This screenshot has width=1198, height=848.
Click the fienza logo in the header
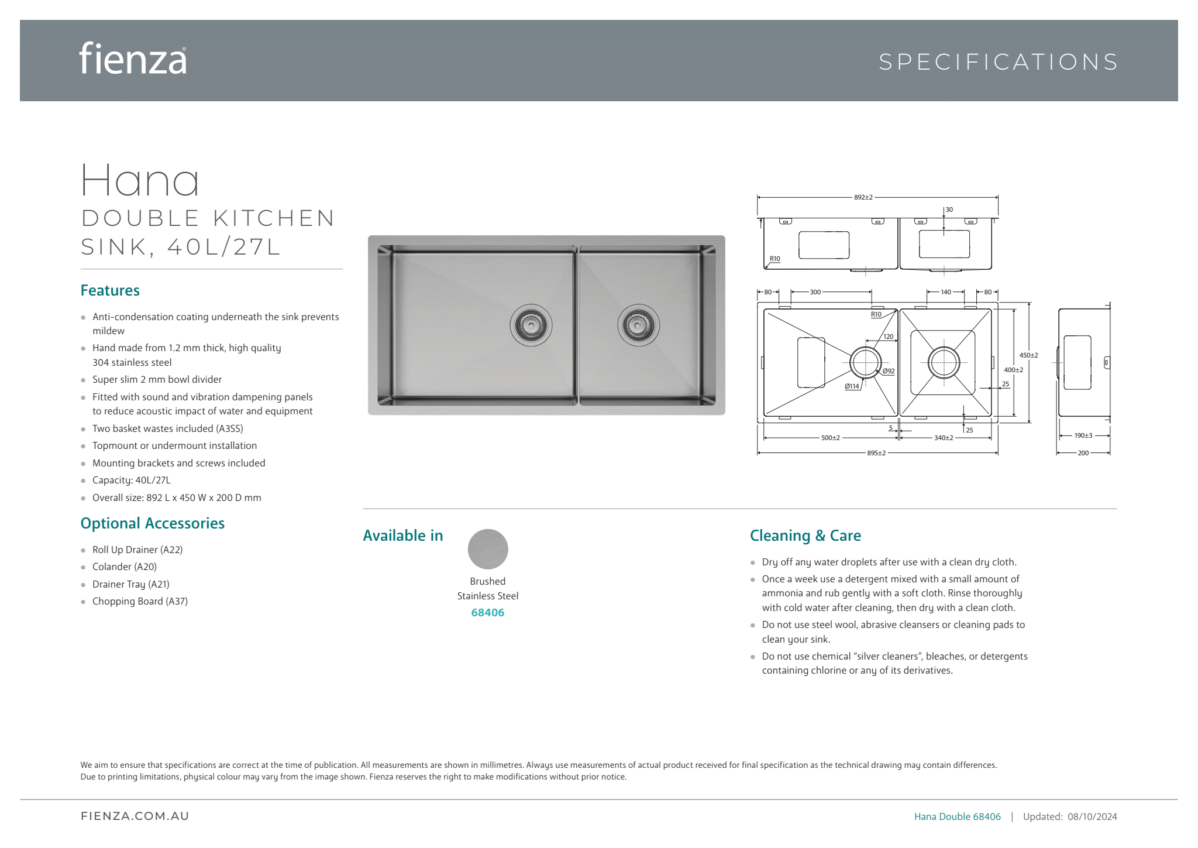(133, 59)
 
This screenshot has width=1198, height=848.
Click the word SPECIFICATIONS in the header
(999, 62)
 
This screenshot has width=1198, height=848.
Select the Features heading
(110, 291)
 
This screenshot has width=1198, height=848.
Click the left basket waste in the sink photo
(531, 324)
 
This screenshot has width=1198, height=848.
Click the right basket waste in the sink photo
(638, 325)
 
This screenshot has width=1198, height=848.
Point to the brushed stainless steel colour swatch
(488, 549)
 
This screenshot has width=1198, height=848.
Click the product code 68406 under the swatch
(488, 613)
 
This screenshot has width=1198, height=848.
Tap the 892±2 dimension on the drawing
(863, 197)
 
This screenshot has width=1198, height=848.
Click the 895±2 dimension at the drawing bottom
(876, 453)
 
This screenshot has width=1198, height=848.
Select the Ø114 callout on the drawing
(852, 386)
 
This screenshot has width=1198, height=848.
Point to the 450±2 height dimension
(1028, 355)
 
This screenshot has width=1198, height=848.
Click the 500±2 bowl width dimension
(830, 438)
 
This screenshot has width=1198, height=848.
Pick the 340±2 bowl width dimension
(943, 438)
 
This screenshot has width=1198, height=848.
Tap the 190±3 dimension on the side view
(1083, 435)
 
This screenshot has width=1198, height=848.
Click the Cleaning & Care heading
(805, 535)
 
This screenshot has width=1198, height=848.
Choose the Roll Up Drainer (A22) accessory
(137, 550)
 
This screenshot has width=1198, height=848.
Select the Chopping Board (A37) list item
(140, 601)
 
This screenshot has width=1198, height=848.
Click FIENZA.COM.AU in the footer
(135, 816)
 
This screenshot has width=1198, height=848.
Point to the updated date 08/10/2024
(1092, 816)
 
